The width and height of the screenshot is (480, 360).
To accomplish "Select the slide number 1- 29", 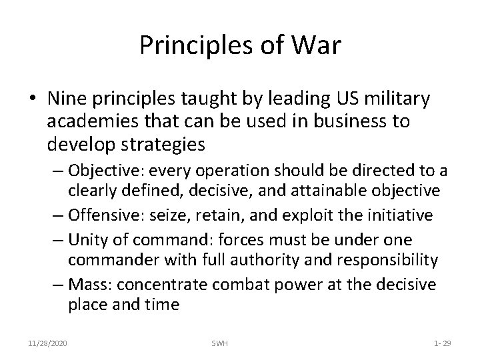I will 442,343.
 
